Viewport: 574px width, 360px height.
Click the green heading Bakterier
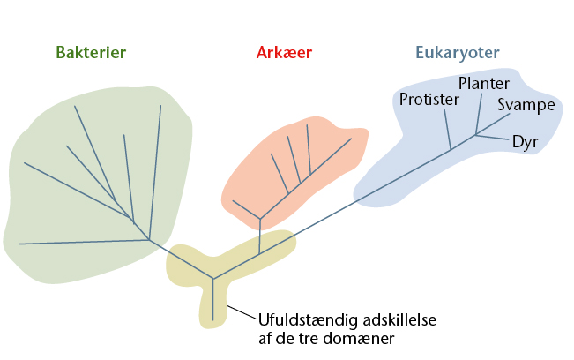click(91, 52)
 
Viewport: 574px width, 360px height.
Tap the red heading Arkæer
click(284, 52)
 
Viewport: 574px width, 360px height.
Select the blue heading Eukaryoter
click(458, 53)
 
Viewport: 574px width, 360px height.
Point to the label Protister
click(429, 99)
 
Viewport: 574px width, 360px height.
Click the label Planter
click(484, 84)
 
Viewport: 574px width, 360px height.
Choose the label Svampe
click(526, 105)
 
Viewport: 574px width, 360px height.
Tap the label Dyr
click(526, 142)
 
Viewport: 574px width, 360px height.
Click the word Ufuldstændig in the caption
click(308, 320)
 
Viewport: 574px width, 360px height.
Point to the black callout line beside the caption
click(242, 312)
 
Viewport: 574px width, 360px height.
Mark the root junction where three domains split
click(213, 279)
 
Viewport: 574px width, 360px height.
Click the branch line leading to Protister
click(447, 130)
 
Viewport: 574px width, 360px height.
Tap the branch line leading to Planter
click(479, 114)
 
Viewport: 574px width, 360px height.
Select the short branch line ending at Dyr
click(492, 138)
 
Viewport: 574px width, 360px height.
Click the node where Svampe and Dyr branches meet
click(475, 135)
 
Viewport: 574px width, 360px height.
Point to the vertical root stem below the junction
click(212, 300)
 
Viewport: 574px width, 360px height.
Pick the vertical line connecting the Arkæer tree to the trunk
click(259, 236)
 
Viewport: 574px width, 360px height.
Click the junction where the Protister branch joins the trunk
click(451, 149)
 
